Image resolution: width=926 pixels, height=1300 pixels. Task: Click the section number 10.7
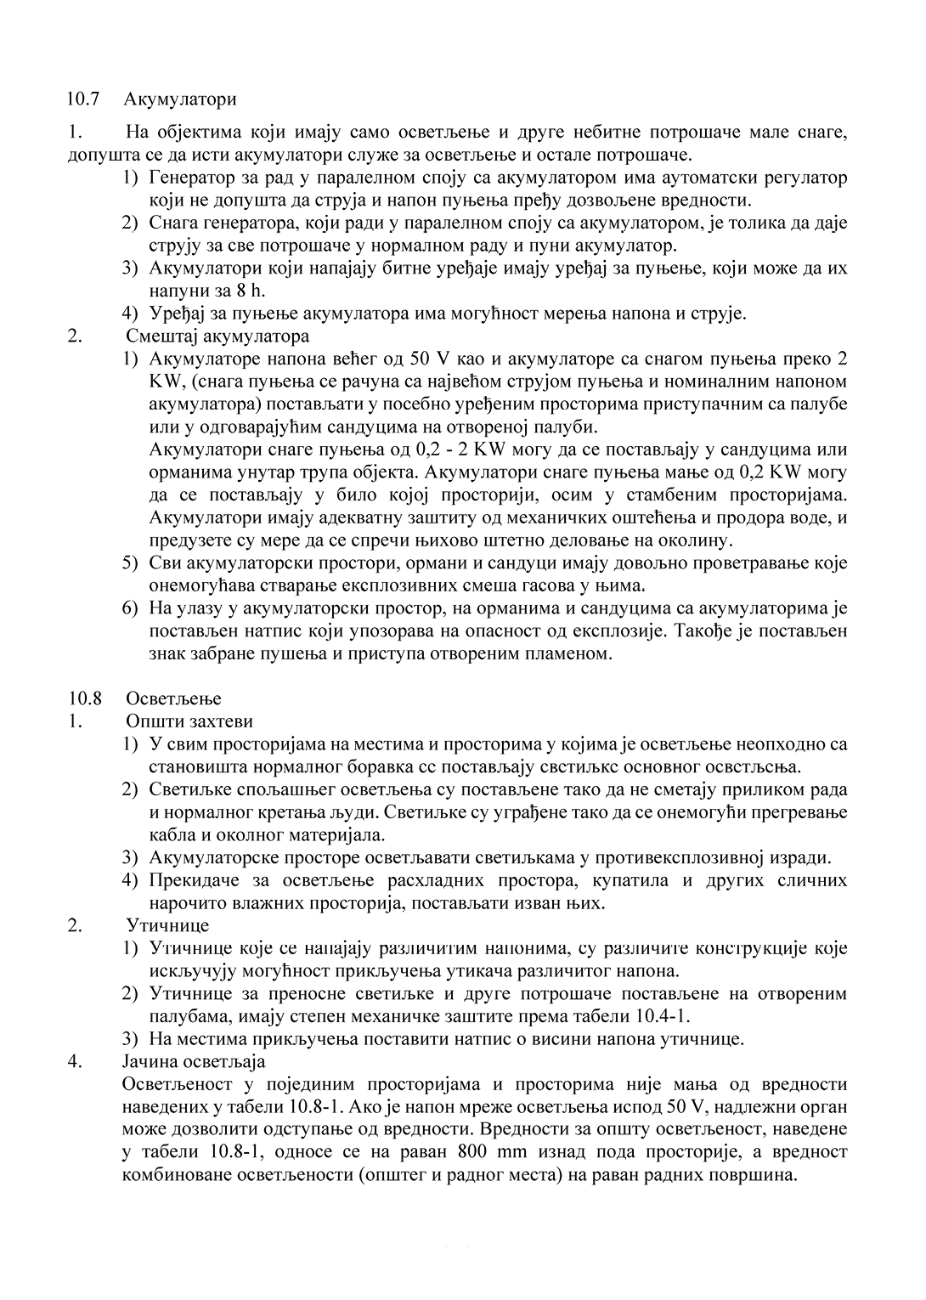coord(84,99)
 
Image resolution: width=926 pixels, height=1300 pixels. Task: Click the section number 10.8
coord(84,698)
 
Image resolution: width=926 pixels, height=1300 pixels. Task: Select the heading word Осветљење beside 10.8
coord(173,698)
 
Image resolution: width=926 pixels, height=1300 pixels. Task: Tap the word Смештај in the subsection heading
coord(159,335)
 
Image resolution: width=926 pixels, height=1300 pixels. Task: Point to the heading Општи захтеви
coord(189,721)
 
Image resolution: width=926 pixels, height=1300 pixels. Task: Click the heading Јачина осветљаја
coord(194,1061)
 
